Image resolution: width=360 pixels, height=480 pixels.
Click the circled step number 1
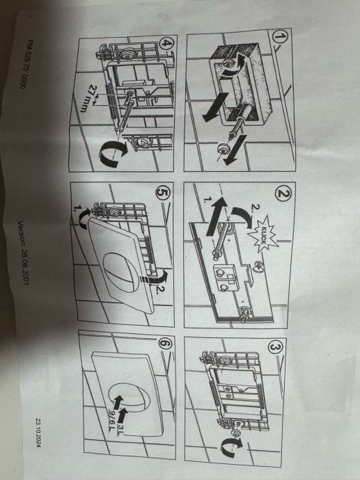280,38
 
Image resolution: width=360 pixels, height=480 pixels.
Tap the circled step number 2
283,193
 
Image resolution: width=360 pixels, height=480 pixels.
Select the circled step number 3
276,348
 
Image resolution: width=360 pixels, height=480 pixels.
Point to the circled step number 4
166,43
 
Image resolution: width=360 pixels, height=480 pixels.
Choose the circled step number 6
166,344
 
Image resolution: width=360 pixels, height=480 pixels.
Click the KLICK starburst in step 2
263,234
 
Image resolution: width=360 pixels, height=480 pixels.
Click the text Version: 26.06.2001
23,253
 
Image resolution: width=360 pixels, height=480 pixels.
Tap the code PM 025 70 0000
26,64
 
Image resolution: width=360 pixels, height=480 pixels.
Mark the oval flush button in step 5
120,268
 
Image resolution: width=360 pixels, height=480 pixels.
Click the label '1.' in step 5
77,209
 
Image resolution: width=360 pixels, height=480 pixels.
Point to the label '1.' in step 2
208,200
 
